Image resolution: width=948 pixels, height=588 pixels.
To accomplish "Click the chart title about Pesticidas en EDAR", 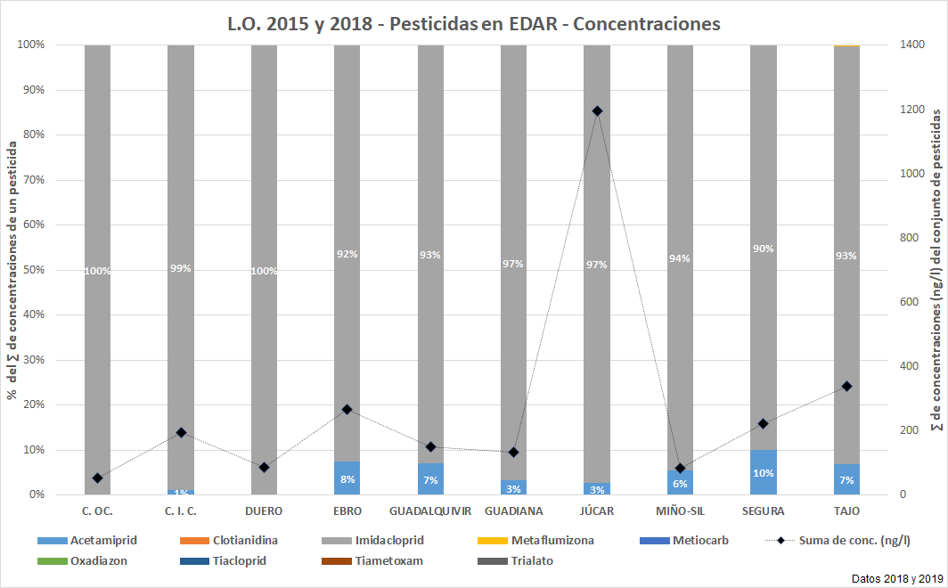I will point(474,24).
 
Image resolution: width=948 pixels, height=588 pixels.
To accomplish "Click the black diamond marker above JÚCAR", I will point(597,111).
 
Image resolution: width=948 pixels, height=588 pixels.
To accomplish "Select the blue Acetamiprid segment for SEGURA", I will point(764,472).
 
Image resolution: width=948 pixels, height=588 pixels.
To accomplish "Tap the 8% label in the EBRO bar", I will point(347,478).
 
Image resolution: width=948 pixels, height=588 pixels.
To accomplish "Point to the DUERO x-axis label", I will point(264,511).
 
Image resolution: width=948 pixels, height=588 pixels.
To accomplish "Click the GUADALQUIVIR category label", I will point(430,511).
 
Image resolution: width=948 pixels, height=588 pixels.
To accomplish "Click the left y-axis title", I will point(12,270).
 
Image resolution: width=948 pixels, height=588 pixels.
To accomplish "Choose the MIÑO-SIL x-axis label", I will point(680,511).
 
